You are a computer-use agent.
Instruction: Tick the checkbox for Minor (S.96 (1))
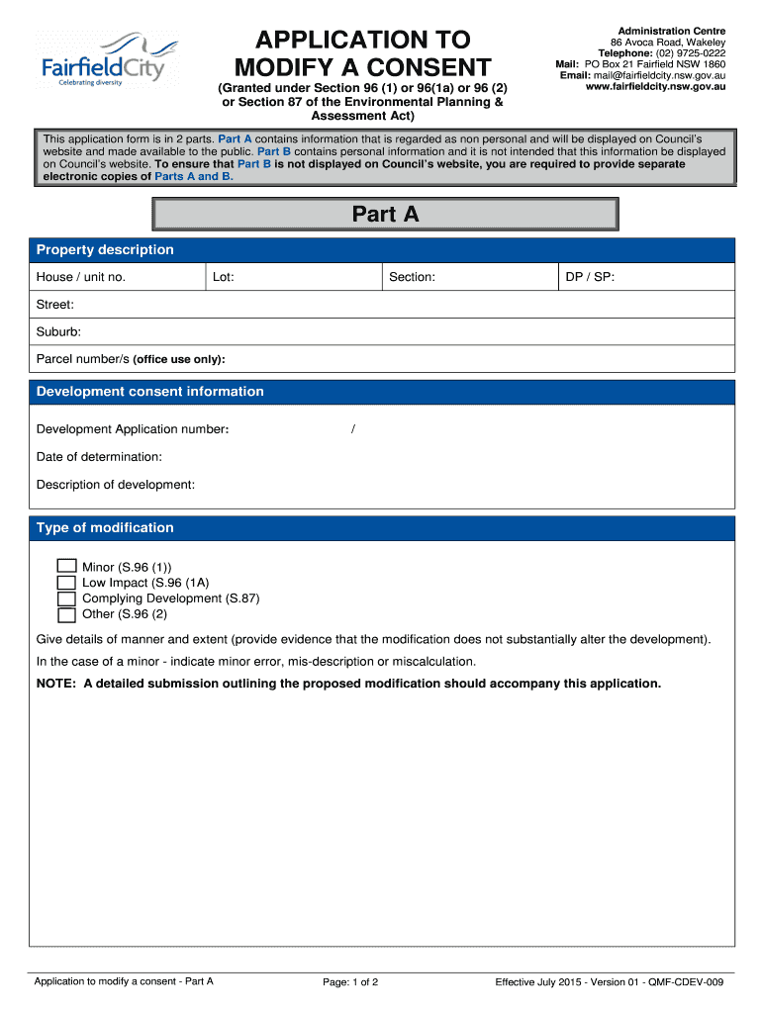[x=66, y=567]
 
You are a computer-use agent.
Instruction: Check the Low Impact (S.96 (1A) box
[x=66, y=583]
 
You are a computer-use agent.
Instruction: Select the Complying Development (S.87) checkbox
[x=66, y=599]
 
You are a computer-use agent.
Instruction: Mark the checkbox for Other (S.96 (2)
[x=66, y=614]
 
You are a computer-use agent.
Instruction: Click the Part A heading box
[x=385, y=214]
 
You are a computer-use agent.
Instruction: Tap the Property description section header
[x=105, y=250]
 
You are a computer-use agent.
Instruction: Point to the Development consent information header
[x=150, y=392]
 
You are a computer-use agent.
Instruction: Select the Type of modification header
[x=105, y=528]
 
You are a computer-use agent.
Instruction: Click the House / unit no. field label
[x=81, y=277]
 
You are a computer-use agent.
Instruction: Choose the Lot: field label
[x=223, y=277]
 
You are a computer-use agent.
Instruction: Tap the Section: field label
[x=412, y=277]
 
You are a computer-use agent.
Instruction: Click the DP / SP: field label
[x=590, y=277]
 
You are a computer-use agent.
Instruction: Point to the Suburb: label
[x=58, y=332]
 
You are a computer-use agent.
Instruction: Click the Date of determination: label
[x=99, y=457]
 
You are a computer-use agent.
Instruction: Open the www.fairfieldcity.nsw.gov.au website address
[x=656, y=86]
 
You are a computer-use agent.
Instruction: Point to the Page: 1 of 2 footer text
[x=351, y=982]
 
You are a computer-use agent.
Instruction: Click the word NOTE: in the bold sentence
[x=55, y=684]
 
